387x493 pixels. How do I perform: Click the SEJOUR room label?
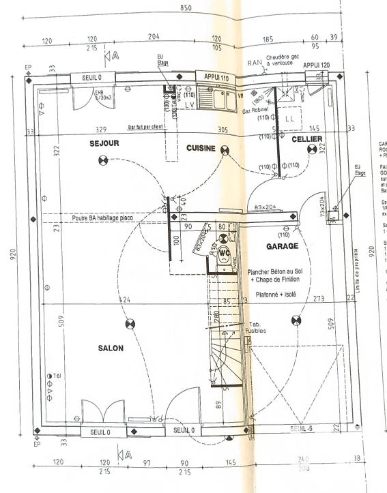(x=104, y=144)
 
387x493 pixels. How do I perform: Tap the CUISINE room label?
(x=201, y=148)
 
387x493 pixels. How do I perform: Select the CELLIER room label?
(x=306, y=139)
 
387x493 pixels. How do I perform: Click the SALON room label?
(x=111, y=348)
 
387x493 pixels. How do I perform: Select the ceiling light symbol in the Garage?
(x=296, y=319)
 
